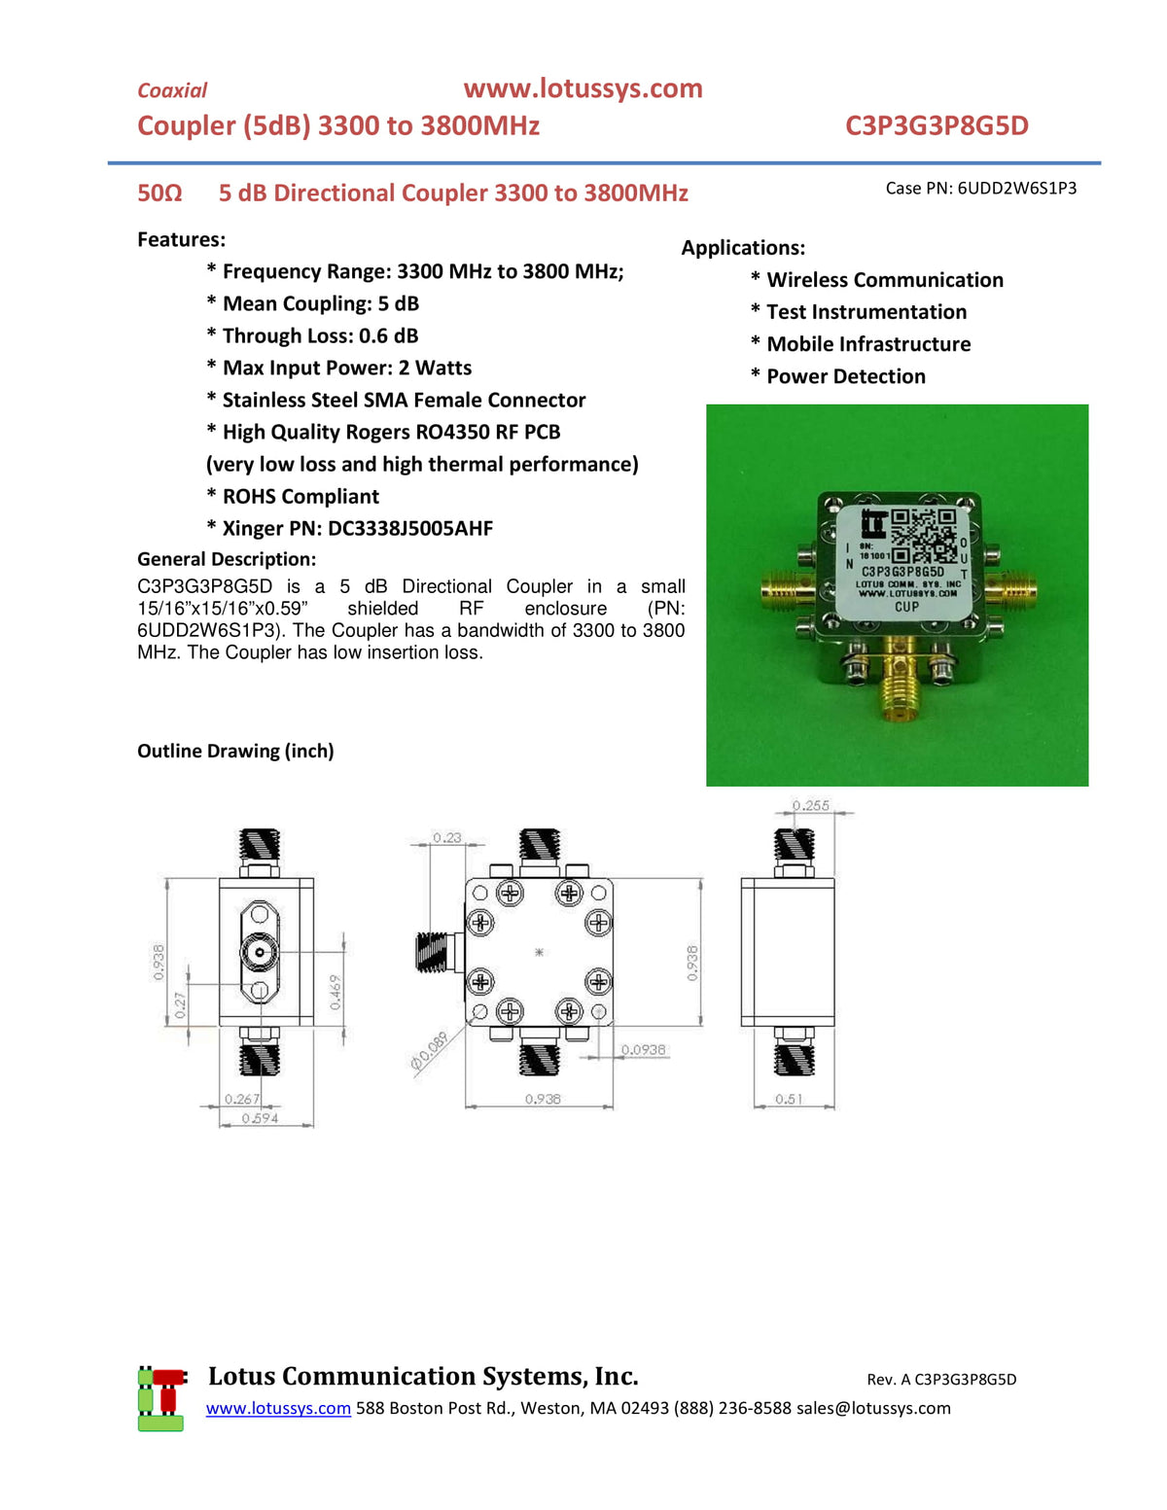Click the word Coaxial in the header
click(172, 90)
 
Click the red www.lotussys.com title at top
click(583, 88)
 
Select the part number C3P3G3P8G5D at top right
click(937, 125)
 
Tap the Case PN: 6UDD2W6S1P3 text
click(980, 188)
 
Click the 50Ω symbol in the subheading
click(159, 193)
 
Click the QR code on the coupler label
click(923, 535)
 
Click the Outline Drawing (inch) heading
click(235, 751)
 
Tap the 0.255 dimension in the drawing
click(810, 805)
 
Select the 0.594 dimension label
click(260, 1118)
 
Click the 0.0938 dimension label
click(644, 1049)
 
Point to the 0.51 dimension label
click(789, 1099)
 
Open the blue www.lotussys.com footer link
click(278, 1408)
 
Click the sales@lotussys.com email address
click(873, 1408)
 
